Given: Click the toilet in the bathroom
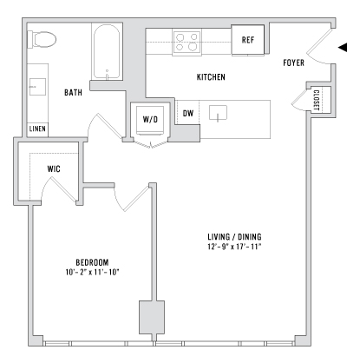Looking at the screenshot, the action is pyautogui.click(x=42, y=40).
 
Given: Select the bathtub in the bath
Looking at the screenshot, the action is pyautogui.click(x=106, y=52).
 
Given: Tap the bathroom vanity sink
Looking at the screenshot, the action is pyautogui.click(x=37, y=87).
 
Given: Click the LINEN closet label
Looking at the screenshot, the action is pyautogui.click(x=37, y=129).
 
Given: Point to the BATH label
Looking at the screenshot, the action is pyautogui.click(x=73, y=93).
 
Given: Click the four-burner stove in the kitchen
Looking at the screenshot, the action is pyautogui.click(x=187, y=43).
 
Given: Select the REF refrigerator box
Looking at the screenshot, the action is pyautogui.click(x=248, y=40).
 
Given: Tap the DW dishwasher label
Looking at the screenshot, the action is pyautogui.click(x=188, y=113).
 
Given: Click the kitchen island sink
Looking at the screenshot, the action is pyautogui.click(x=218, y=113).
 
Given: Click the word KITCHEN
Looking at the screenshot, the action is pyautogui.click(x=211, y=77).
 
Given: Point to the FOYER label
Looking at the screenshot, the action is pyautogui.click(x=293, y=63).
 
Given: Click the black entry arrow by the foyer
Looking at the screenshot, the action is pyautogui.click(x=343, y=47).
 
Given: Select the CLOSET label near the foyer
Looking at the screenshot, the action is pyautogui.click(x=317, y=100).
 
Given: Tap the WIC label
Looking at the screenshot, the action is pyautogui.click(x=54, y=168).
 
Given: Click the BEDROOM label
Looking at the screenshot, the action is pyautogui.click(x=92, y=262).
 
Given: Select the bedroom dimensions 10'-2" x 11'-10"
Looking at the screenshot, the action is pyautogui.click(x=92, y=272).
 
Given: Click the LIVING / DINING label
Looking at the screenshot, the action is pyautogui.click(x=234, y=237).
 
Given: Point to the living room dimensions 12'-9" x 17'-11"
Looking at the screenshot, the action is pyautogui.click(x=234, y=247).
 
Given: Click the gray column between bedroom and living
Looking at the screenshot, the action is pyautogui.click(x=152, y=317).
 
